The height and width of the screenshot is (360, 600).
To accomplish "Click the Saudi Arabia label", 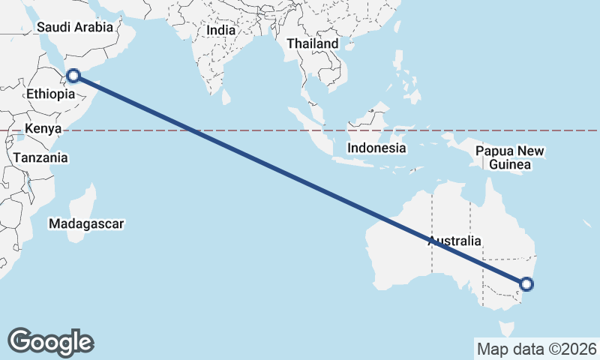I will click(x=74, y=27).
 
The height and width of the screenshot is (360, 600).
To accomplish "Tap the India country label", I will click(x=220, y=31).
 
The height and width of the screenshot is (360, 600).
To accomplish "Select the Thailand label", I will click(x=312, y=43).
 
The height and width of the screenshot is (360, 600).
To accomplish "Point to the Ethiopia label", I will click(x=50, y=94).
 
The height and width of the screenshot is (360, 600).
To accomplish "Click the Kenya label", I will click(x=42, y=129).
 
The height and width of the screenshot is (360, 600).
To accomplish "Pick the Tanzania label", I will click(x=40, y=158).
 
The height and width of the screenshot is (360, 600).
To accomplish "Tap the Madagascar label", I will click(x=85, y=223).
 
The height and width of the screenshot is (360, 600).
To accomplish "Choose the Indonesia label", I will click(x=376, y=148).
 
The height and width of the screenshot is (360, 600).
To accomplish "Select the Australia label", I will click(x=454, y=241).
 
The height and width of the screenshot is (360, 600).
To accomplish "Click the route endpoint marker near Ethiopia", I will click(x=73, y=75).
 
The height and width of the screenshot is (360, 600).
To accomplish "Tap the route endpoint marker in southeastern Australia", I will click(x=526, y=284).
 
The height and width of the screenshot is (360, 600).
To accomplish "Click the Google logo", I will click(x=50, y=341).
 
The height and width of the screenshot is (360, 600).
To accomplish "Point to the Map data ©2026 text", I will click(x=536, y=349).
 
